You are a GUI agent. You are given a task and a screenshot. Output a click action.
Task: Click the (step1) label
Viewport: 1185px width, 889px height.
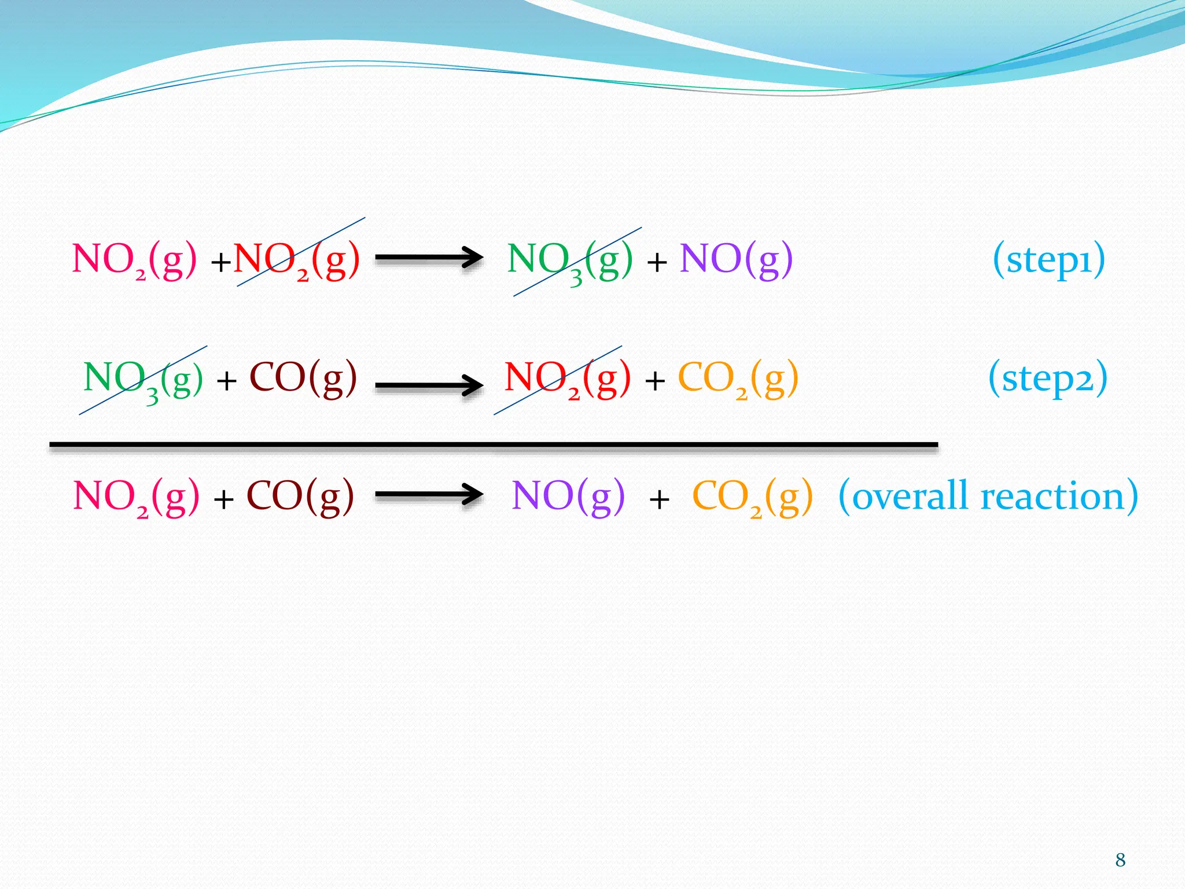click(1048, 260)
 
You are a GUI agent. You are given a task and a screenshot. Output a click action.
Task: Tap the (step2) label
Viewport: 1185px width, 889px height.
click(1048, 379)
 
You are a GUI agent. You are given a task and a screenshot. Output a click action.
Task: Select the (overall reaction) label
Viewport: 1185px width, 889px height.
click(988, 497)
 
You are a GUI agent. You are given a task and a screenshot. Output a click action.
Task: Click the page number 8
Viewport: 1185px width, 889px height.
click(1120, 860)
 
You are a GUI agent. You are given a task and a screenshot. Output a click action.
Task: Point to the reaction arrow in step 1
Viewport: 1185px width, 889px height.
click(429, 258)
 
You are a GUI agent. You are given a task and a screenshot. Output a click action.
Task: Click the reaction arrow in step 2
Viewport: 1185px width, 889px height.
click(429, 384)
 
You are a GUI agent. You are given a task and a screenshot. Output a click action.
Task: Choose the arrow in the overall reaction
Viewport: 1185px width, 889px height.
click(429, 495)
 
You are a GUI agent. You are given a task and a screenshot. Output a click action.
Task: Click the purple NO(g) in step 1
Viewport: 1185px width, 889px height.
click(736, 260)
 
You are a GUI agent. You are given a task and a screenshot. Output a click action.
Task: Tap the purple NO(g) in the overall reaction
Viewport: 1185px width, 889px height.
click(568, 497)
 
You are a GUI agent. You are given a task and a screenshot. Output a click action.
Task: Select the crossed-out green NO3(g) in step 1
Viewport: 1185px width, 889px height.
click(570, 262)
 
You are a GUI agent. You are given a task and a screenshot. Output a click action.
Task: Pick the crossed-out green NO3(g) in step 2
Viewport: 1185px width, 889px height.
click(143, 380)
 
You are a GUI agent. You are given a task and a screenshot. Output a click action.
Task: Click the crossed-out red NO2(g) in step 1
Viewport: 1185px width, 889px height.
click(296, 260)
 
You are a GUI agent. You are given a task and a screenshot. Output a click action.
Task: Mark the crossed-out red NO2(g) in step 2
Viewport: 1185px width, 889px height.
click(567, 379)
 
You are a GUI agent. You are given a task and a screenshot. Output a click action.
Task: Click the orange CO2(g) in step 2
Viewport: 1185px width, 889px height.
click(738, 379)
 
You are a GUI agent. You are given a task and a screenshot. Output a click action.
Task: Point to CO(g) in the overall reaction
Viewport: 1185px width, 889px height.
click(300, 497)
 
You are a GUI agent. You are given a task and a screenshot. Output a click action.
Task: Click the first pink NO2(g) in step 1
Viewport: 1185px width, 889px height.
click(134, 260)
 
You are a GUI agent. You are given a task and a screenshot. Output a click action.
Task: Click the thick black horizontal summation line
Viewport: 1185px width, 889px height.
click(494, 445)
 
